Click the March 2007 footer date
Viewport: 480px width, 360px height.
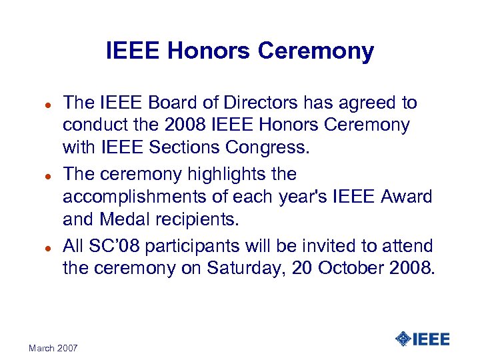click(53, 348)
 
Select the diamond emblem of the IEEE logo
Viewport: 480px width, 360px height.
click(403, 339)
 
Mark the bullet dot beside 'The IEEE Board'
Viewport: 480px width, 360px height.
click(40, 104)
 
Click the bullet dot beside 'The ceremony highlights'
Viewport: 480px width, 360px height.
click(40, 176)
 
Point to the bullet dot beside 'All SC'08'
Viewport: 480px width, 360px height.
click(40, 247)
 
